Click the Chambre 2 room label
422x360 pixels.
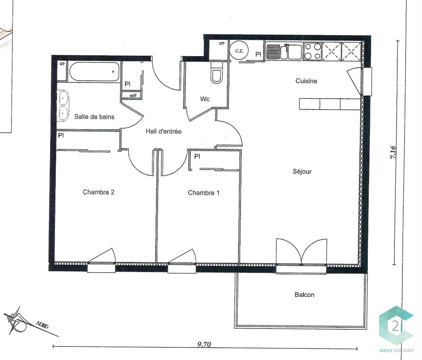[98, 192]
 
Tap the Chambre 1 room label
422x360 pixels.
[204, 193]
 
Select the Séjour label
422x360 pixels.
[302, 171]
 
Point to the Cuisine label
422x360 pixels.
[306, 81]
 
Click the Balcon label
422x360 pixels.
[305, 295]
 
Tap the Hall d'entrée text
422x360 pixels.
[164, 131]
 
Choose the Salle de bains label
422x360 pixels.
[94, 117]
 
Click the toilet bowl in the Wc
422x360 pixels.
[217, 73]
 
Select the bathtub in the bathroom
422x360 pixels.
[94, 72]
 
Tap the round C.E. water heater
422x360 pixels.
[239, 51]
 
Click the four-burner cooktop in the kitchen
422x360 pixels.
[313, 51]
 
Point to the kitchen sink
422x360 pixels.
[284, 52]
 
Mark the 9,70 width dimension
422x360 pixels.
[204, 344]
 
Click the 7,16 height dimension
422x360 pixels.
[393, 152]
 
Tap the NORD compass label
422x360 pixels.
[42, 325]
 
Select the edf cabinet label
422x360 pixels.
[133, 95]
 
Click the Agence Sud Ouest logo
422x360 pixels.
[397, 329]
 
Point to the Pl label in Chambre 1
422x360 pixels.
[197, 156]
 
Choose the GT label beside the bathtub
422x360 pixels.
[62, 64]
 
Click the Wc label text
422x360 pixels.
[205, 99]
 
